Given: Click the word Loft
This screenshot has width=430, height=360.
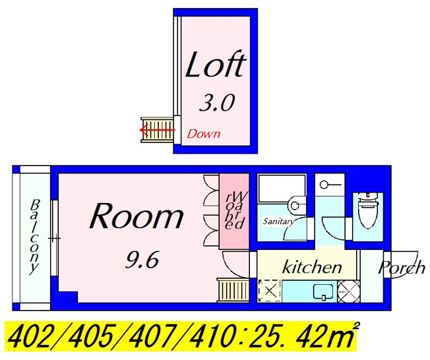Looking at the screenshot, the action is pyautogui.click(x=216, y=65).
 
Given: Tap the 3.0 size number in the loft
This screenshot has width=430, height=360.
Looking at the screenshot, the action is pyautogui.click(x=216, y=103).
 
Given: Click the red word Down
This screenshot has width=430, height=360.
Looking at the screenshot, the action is pyautogui.click(x=204, y=134).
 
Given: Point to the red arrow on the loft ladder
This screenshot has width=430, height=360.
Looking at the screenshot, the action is pyautogui.click(x=157, y=130).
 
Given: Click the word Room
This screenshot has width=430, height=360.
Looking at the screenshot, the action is pyautogui.click(x=137, y=216).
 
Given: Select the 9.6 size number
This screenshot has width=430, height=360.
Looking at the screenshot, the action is pyautogui.click(x=142, y=260).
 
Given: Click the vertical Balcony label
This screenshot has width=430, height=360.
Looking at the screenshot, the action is pyautogui.click(x=35, y=237).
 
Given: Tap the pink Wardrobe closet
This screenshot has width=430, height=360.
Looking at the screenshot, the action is pyautogui.click(x=234, y=211).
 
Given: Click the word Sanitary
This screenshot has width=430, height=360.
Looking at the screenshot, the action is pyautogui.click(x=278, y=222).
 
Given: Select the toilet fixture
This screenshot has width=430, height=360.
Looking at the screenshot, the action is pyautogui.click(x=367, y=210).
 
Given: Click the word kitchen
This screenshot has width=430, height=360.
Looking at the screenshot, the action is pyautogui.click(x=312, y=267).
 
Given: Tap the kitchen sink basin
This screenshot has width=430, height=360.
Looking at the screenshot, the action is pyautogui.click(x=324, y=291).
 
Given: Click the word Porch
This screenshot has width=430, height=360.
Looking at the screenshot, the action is pyautogui.click(x=402, y=267).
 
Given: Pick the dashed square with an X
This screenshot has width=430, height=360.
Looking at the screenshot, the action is pyautogui.click(x=269, y=291).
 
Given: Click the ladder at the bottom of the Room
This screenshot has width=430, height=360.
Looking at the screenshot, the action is pyautogui.click(x=233, y=290).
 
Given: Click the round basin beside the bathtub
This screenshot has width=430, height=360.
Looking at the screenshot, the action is pyautogui.click(x=295, y=205).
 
